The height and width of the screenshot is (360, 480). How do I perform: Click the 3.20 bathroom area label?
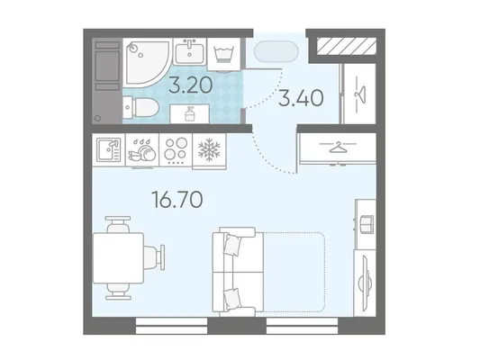click(x=191, y=85)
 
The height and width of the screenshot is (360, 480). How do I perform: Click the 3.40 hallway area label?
click(x=301, y=98)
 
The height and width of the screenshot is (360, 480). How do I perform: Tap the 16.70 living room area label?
click(x=177, y=199)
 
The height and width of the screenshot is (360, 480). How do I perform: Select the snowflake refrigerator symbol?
click(x=209, y=149)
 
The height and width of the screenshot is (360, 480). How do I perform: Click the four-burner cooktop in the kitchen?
click(x=176, y=149)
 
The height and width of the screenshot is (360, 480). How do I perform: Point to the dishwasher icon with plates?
click(x=142, y=150)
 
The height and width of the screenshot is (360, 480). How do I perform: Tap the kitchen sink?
click(x=109, y=149)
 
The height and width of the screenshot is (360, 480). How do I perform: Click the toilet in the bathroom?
click(x=140, y=107)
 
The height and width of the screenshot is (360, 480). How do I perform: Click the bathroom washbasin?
click(x=190, y=51)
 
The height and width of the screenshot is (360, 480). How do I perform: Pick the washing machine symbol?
click(x=225, y=54)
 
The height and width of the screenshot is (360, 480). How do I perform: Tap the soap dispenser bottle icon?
click(x=189, y=113)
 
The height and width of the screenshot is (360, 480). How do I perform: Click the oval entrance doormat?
click(x=276, y=51)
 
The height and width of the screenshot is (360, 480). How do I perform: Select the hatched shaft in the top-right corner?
click(x=346, y=46)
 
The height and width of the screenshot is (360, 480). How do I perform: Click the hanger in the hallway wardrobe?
click(x=360, y=93)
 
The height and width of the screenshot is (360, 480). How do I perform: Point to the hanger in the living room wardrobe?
click(x=338, y=147)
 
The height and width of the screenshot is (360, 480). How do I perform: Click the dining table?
click(x=118, y=257)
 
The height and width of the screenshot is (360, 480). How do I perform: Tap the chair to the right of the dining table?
click(x=155, y=257)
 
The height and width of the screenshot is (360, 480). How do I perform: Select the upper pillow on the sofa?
click(x=231, y=244)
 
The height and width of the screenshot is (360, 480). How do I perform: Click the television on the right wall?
click(x=366, y=282)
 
